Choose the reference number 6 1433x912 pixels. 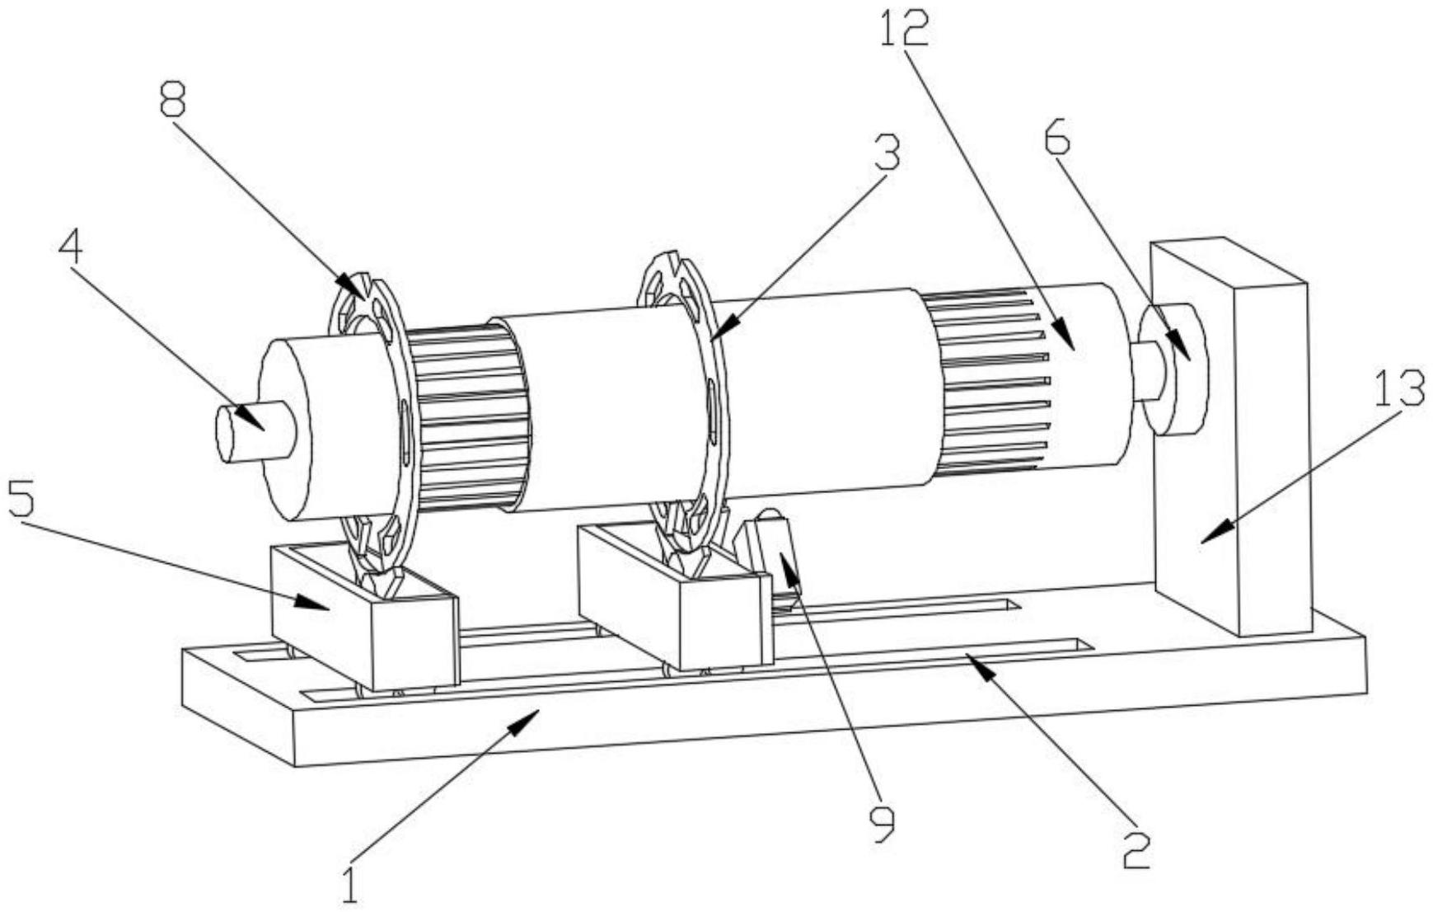point(1057,140)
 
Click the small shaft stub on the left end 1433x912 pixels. point(247,430)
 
